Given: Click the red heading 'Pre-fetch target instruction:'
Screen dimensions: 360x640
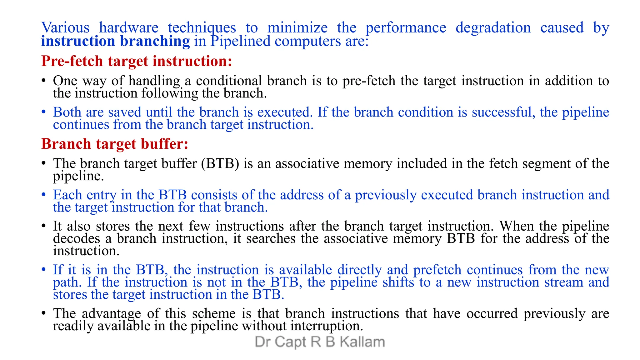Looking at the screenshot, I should pos(137,61).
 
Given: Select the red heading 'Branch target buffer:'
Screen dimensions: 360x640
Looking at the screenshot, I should pos(115,144).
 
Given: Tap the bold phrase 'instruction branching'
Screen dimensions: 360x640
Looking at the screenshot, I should pos(115,41).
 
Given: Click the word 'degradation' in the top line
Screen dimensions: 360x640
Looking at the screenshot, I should pos(493,28).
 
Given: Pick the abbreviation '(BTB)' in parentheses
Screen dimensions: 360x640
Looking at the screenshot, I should pos(220,163).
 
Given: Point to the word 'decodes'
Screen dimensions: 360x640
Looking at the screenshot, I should pos(77,238).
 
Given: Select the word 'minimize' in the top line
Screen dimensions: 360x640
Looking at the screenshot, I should pos(297,28).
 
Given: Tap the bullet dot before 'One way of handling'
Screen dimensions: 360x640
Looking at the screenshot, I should pos(44,81).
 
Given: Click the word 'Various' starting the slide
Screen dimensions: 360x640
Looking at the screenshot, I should pos(65,28).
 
